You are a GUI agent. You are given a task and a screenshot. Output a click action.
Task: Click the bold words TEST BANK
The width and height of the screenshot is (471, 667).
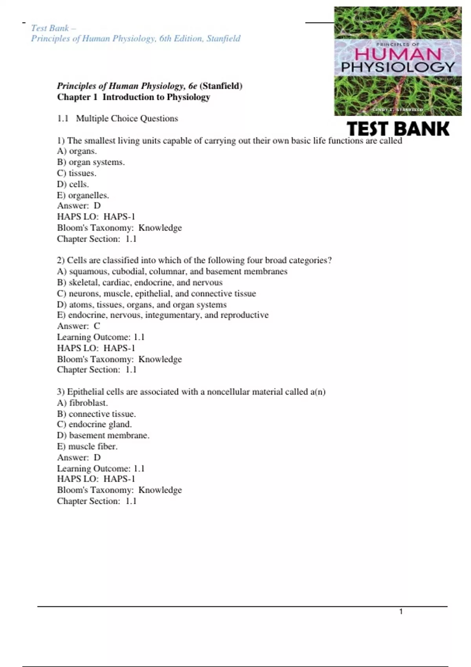click(398, 129)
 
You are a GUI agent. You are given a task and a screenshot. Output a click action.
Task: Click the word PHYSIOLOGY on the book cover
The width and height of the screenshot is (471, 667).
click(398, 67)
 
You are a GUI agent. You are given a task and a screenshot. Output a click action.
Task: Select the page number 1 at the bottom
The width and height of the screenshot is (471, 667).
click(401, 612)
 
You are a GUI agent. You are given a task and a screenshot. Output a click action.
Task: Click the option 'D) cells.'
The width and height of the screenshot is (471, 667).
click(73, 184)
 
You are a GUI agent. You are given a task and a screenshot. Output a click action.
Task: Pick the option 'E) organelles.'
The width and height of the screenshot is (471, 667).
click(83, 195)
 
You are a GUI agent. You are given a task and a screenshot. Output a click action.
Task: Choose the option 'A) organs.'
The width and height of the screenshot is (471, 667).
click(77, 151)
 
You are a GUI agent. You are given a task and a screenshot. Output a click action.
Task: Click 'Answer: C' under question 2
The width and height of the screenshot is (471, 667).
click(78, 326)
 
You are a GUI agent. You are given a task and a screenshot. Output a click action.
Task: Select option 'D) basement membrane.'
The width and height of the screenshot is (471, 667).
click(103, 435)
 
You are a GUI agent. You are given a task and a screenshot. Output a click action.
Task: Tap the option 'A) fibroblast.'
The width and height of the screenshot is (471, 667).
click(82, 403)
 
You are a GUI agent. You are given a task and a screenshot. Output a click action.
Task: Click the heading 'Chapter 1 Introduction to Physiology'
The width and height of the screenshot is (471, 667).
click(133, 97)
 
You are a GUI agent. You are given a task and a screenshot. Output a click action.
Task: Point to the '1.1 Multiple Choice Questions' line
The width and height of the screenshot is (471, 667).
click(117, 118)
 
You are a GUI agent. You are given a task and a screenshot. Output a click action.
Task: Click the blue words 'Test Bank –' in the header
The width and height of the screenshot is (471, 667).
click(53, 28)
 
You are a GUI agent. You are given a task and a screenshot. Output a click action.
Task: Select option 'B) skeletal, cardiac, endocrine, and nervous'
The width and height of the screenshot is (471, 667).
click(140, 282)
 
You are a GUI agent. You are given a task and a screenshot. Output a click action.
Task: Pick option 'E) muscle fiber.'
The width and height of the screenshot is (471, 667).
click(87, 446)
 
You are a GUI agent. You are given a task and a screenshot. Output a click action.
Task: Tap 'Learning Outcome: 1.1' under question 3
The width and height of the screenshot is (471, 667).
click(101, 468)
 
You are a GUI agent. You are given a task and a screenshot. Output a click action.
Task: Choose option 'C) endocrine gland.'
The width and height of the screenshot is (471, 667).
click(94, 424)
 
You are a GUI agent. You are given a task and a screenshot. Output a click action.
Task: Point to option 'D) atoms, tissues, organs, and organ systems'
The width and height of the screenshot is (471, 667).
click(142, 304)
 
